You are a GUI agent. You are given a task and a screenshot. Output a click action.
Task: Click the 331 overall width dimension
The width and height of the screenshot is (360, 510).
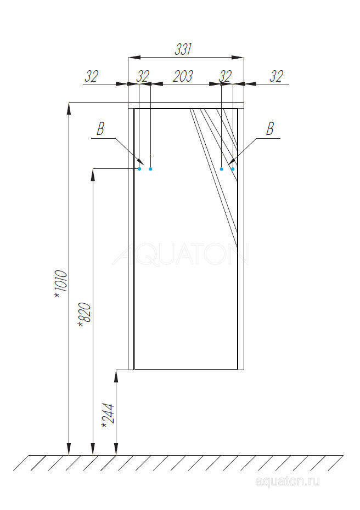coord(183,49)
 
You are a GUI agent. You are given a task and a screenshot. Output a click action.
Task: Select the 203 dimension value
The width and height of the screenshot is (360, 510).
coord(183,76)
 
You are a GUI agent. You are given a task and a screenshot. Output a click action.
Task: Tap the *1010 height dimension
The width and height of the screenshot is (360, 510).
coord(60,284)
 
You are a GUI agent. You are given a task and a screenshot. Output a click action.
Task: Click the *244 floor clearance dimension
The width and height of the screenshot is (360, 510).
coord(108,416)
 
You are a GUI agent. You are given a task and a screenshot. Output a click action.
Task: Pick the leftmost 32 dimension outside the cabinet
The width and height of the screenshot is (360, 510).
coord(91,76)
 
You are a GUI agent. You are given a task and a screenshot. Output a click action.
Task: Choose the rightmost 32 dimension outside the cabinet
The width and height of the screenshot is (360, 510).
coord(277,76)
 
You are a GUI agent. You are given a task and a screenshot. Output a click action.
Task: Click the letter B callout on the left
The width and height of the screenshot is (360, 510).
coord(100,129)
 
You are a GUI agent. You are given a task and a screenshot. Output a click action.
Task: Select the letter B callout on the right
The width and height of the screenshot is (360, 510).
coord(269,129)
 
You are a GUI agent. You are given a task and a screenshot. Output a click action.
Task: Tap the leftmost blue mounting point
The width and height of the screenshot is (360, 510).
coord(139,169)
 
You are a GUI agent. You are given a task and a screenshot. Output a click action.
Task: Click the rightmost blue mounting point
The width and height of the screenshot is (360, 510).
coord(233,169)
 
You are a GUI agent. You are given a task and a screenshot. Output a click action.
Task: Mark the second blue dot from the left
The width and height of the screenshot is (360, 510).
coord(150,169)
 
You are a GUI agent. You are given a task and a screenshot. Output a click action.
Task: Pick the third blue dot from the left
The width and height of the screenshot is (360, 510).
coord(222,169)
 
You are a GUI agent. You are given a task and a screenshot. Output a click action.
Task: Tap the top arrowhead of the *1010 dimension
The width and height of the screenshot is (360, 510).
coord(69,107)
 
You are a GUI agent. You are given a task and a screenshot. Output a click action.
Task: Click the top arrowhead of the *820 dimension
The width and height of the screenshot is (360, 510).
coord(93,174)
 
